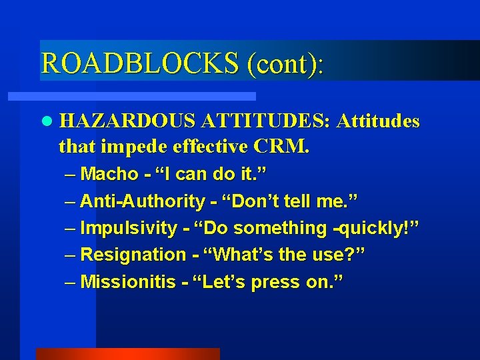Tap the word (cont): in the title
[x=285, y=63]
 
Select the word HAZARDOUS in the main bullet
[x=127, y=121]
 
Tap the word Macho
[x=109, y=175]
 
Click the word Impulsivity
[x=128, y=228]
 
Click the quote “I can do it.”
[x=211, y=175]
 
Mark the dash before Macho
[x=71, y=175]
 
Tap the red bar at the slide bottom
[x=127, y=354]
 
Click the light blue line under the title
[x=147, y=96]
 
